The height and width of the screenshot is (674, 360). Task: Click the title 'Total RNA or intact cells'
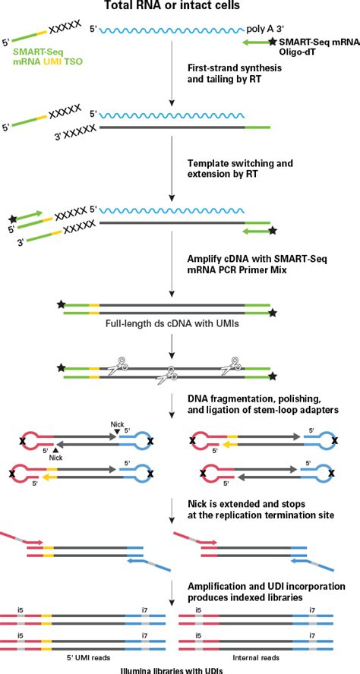pyautogui.click(x=179, y=7)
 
